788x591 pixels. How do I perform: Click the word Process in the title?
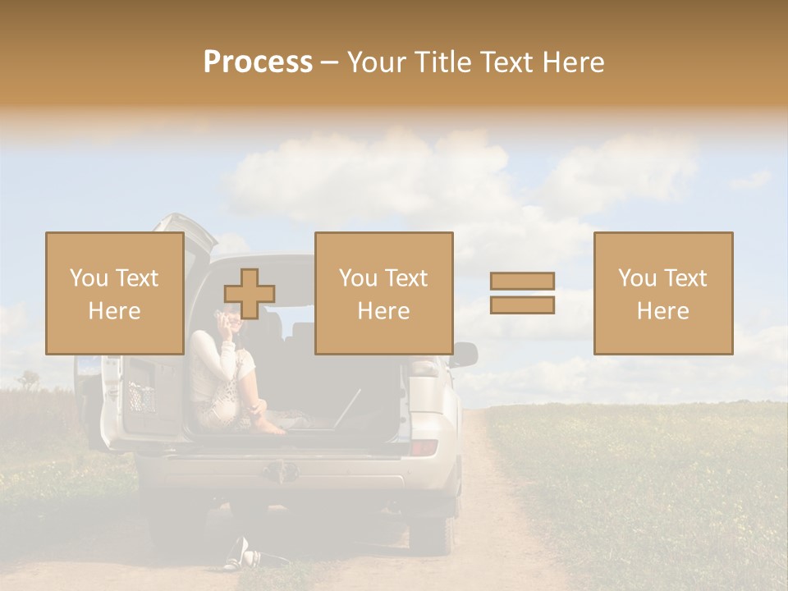258,62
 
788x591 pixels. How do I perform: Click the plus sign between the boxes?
250,294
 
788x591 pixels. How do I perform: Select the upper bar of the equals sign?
522,282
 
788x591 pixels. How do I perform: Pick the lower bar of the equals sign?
522,305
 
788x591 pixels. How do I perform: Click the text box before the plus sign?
114,293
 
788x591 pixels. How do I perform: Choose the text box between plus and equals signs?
383,293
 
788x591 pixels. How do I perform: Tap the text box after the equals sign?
662,293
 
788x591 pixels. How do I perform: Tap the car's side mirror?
464,354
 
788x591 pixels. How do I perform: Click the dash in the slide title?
330,62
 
